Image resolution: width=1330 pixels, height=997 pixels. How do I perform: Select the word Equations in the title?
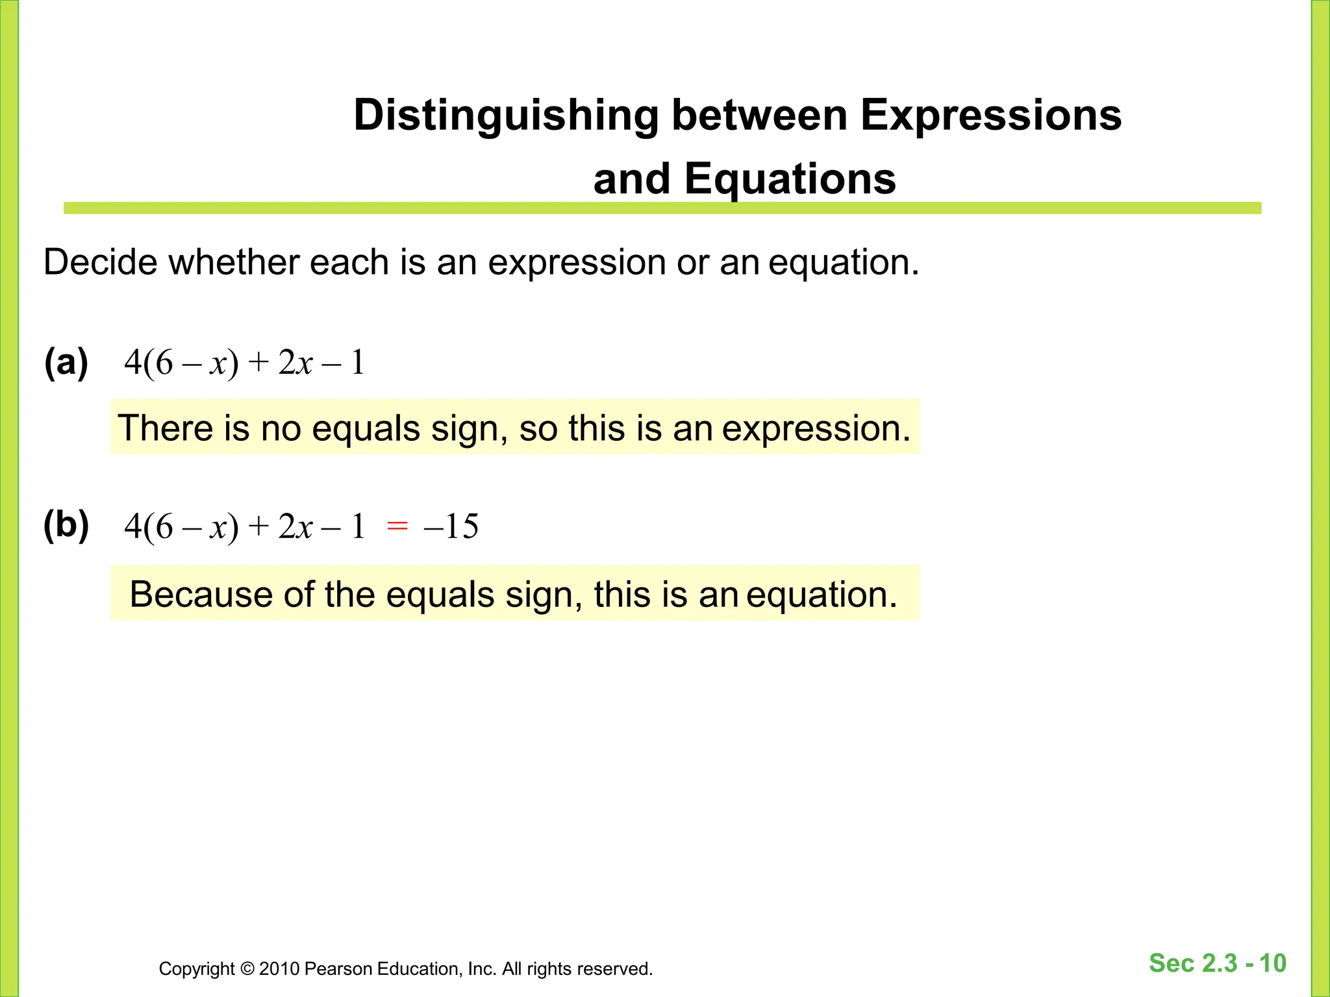pyautogui.click(x=790, y=179)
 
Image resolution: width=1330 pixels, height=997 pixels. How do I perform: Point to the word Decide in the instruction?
pyautogui.click(x=100, y=262)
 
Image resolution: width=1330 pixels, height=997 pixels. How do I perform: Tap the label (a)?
pyautogui.click(x=66, y=362)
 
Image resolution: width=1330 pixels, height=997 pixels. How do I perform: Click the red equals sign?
pyautogui.click(x=397, y=526)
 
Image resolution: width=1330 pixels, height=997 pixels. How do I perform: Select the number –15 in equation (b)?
pyautogui.click(x=451, y=526)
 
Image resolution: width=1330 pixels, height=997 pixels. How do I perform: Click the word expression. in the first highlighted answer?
pyautogui.click(x=816, y=428)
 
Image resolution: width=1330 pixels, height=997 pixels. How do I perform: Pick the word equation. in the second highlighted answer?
pyautogui.click(x=822, y=595)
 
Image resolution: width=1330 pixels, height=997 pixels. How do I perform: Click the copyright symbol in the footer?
pyautogui.click(x=247, y=969)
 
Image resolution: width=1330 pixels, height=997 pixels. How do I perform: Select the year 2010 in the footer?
pyautogui.click(x=279, y=969)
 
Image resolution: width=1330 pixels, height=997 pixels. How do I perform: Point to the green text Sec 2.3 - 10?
pyautogui.click(x=1217, y=963)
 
